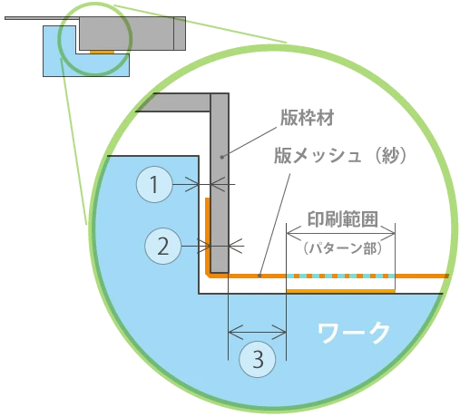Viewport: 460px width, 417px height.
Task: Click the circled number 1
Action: [x=154, y=184]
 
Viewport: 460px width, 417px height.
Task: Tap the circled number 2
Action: [x=163, y=246]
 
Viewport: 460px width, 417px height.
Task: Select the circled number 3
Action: [x=258, y=359]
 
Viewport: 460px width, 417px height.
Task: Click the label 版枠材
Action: [x=307, y=118]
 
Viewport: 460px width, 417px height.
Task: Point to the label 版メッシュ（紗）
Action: [x=340, y=156]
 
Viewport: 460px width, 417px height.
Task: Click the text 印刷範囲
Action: [x=343, y=219]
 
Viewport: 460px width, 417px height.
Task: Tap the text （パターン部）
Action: [x=343, y=248]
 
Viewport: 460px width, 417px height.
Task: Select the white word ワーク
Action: [x=353, y=333]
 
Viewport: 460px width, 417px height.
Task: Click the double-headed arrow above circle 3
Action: [x=257, y=333]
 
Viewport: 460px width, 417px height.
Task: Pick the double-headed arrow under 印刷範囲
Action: [x=341, y=233]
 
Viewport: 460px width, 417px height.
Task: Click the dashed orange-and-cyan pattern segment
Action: [x=341, y=276]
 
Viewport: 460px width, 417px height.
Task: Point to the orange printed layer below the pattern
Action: [x=341, y=291]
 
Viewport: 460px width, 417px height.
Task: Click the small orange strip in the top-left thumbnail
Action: [x=103, y=52]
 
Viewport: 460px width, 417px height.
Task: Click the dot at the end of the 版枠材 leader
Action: [x=221, y=157]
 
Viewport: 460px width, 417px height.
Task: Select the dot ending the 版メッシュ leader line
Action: [x=259, y=276]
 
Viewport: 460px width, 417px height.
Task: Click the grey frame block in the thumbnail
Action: [x=132, y=34]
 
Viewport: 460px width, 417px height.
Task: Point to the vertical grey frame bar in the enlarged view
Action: [x=220, y=183]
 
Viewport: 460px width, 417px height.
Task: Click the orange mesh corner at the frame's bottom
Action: [x=209, y=275]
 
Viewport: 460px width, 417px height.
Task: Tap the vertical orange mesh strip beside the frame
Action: [x=208, y=236]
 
